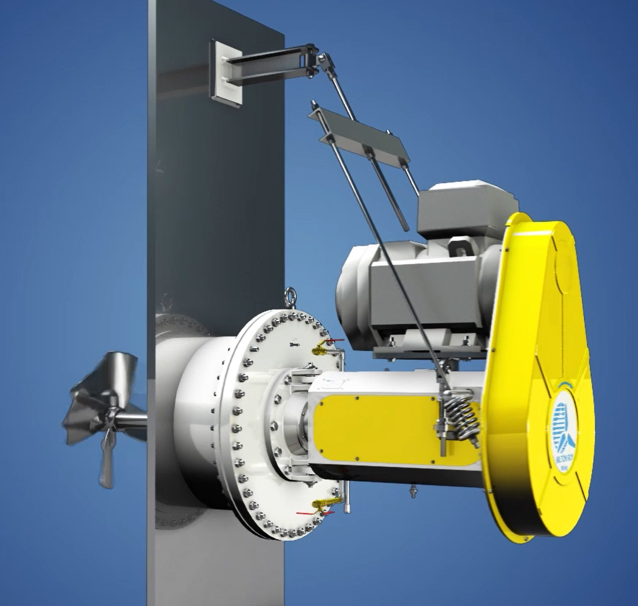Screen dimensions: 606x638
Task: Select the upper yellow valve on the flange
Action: [x=320, y=347]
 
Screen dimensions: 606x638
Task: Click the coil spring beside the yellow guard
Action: [x=462, y=414]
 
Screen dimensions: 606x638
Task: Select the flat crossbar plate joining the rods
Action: [x=359, y=137]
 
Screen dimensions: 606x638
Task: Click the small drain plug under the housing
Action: [x=413, y=491]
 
